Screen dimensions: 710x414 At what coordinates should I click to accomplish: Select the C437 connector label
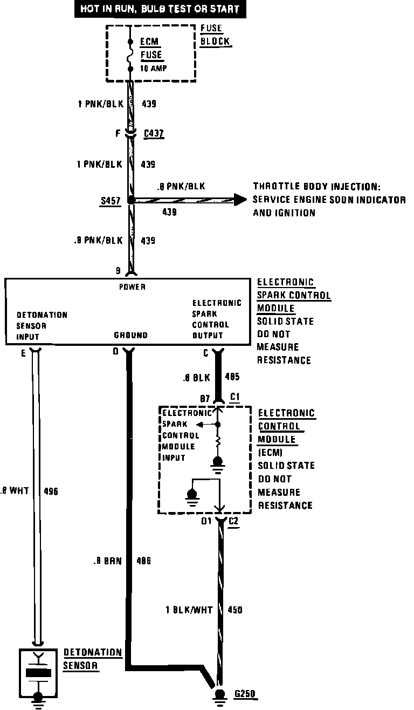154,133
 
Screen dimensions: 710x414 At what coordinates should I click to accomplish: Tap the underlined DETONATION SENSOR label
93,659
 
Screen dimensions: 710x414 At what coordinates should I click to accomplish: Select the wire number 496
50,491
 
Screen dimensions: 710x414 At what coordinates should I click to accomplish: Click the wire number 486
143,561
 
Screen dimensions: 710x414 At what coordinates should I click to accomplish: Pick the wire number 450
235,610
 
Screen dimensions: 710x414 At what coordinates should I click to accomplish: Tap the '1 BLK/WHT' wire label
189,610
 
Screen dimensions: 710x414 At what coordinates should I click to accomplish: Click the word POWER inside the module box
132,287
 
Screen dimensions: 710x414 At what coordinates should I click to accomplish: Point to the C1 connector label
235,398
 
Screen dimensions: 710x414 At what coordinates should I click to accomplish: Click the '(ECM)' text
270,453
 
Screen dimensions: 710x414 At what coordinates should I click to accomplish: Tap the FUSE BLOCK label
215,35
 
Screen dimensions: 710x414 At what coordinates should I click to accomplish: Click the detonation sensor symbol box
38,673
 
